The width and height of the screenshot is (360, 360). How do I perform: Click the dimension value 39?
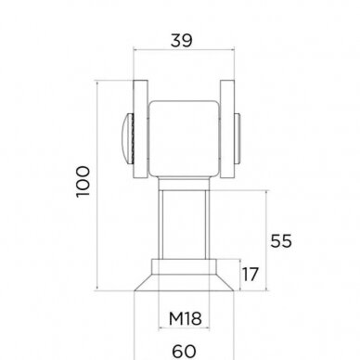[182, 41]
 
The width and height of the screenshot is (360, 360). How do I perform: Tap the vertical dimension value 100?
[83, 182]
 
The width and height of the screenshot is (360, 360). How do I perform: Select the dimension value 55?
[281, 241]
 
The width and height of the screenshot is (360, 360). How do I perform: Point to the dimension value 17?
[250, 275]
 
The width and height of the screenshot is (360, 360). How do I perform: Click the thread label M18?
[186, 318]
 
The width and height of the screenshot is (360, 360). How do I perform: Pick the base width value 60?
[184, 352]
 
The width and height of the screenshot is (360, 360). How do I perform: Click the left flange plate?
[140, 129]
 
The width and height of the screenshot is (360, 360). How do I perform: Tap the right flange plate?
[227, 129]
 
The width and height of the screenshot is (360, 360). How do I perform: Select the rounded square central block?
[184, 139]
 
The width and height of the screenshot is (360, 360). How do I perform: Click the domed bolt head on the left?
[128, 139]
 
